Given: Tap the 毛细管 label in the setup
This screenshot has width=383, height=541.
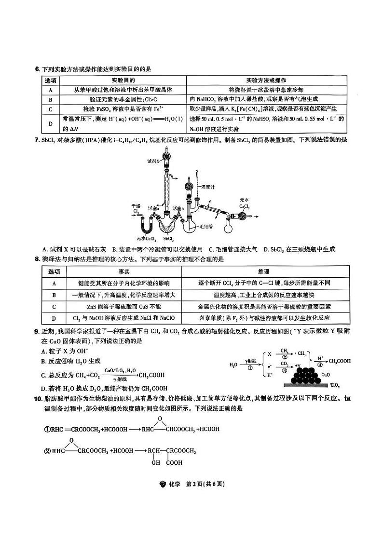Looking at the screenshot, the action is tap(206, 226).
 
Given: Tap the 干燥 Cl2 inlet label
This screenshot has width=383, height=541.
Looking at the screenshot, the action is tap(136, 208).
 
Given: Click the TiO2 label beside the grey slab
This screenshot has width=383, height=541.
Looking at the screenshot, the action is tap(335, 385).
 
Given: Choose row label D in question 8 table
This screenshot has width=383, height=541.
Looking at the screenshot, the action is tap(54, 318).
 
